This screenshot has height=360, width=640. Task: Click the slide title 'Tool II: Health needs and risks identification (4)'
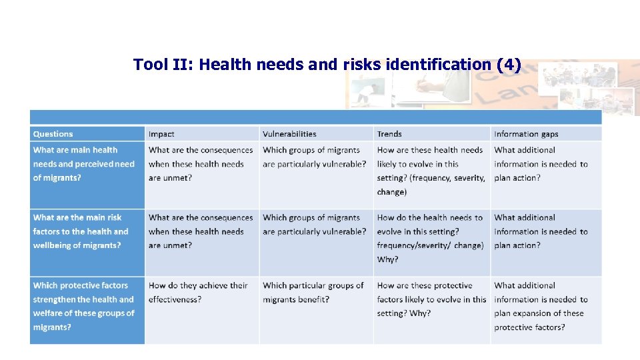click(327, 65)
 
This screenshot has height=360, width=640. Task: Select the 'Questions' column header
click(53, 134)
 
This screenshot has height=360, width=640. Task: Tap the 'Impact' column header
click(161, 134)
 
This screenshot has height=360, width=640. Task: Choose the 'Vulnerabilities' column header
click(289, 134)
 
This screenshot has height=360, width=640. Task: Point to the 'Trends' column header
click(389, 134)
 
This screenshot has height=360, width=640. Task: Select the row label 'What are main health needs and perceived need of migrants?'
click(84, 164)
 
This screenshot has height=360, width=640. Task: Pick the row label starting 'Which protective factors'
click(83, 306)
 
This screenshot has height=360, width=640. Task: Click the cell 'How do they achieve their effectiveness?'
click(198, 292)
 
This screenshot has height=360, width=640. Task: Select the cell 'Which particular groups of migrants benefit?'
click(313, 292)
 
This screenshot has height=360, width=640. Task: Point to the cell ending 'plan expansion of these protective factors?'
click(541, 306)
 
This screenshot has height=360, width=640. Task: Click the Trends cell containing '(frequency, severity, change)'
click(431, 171)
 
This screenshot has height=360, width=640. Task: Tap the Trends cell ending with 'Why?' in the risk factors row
click(430, 238)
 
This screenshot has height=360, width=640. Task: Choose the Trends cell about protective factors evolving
click(431, 299)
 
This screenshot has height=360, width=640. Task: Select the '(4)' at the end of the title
click(509, 65)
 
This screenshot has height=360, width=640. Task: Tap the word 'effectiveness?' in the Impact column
click(175, 299)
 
